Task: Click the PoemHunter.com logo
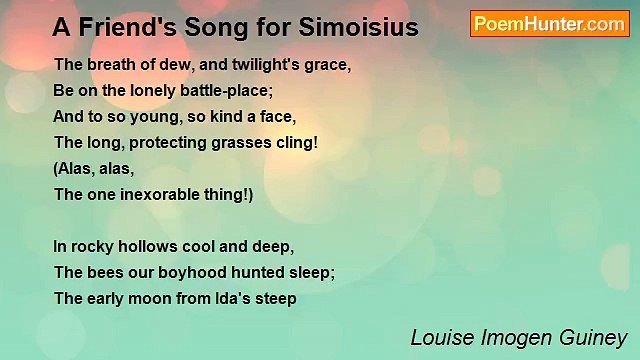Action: pyautogui.click(x=549, y=24)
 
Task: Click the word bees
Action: pyautogui.click(x=103, y=272)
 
